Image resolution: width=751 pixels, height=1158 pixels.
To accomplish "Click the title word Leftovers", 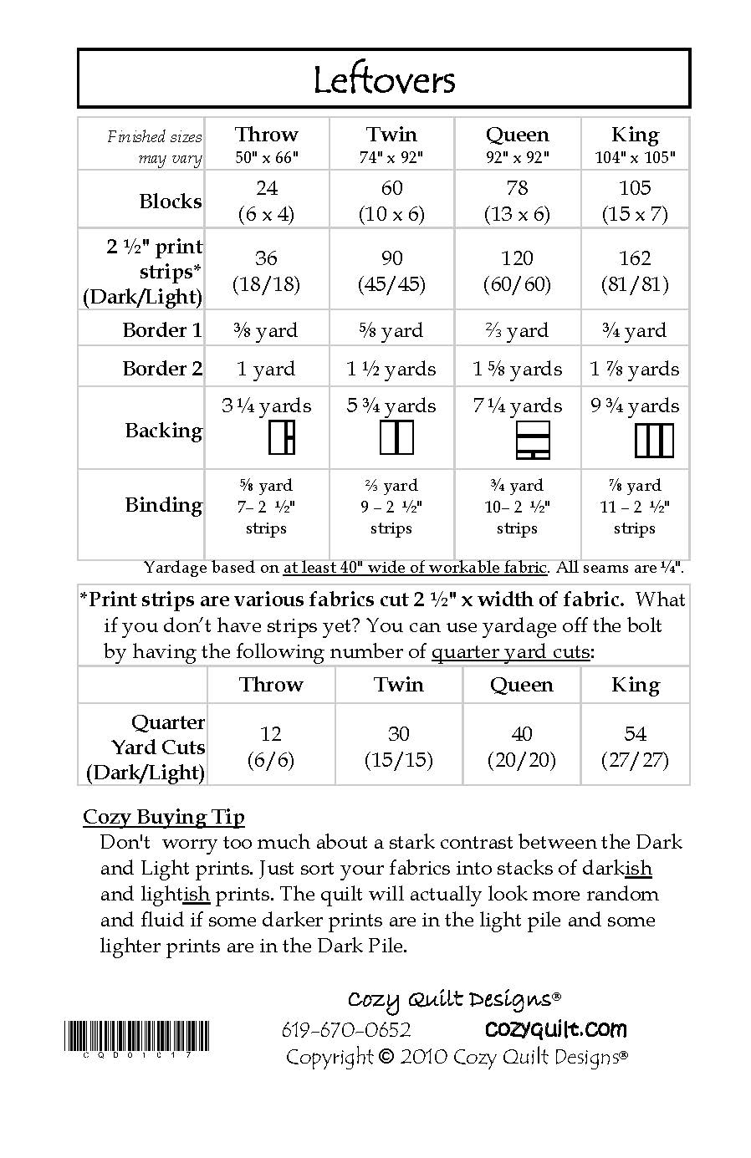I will click(384, 80).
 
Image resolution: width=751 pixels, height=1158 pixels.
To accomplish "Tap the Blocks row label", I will click(171, 202).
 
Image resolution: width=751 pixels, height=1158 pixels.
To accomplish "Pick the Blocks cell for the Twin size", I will click(391, 201).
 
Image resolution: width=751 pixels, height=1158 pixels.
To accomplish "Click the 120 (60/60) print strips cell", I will click(517, 271).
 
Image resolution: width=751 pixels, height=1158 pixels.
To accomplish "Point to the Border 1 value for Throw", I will click(266, 330).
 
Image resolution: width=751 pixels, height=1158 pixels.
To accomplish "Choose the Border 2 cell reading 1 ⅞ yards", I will click(634, 369).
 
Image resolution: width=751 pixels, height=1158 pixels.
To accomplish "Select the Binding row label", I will click(164, 505).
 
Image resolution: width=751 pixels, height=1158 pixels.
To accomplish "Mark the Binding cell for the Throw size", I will click(266, 507).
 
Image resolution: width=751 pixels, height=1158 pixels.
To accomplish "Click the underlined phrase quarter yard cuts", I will click(510, 652).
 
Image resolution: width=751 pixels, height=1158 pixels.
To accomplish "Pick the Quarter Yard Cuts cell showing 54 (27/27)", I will click(635, 747).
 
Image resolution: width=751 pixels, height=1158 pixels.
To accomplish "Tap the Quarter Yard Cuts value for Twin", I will click(398, 747).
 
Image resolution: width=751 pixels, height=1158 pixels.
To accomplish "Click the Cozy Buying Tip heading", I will click(164, 817).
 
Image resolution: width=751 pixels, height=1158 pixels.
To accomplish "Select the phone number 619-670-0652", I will click(346, 1030).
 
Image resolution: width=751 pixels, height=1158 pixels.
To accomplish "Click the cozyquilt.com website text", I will click(555, 1029).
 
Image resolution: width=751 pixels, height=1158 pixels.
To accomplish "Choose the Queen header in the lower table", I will click(521, 685).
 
